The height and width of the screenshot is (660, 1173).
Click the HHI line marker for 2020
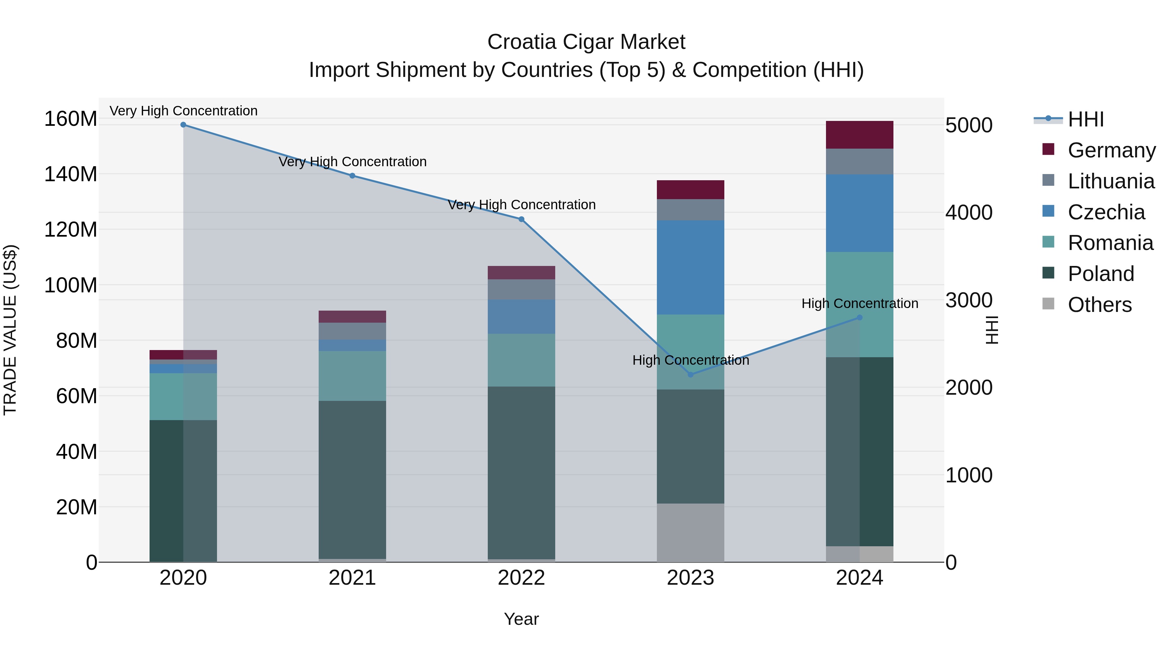[183, 125]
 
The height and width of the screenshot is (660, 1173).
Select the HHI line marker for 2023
[690, 374]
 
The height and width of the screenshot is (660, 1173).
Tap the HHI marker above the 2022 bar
[521, 219]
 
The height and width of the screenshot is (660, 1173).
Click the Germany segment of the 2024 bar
[859, 135]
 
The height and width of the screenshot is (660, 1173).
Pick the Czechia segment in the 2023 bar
[690, 267]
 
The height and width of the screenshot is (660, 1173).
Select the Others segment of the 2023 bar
[690, 533]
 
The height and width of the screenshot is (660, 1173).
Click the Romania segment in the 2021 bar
[352, 376]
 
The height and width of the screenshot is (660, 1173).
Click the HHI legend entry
[1086, 119]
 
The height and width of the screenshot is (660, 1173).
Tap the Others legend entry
[1099, 305]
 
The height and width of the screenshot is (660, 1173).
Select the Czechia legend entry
[1106, 212]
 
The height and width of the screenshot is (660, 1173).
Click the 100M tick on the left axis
[71, 286]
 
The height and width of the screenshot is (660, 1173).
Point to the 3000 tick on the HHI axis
[969, 301]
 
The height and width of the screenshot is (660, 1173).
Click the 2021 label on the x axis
[352, 578]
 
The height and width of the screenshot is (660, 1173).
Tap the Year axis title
[521, 619]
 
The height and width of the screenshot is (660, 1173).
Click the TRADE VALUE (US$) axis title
[10, 330]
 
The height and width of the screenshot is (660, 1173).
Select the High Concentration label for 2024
[859, 303]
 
